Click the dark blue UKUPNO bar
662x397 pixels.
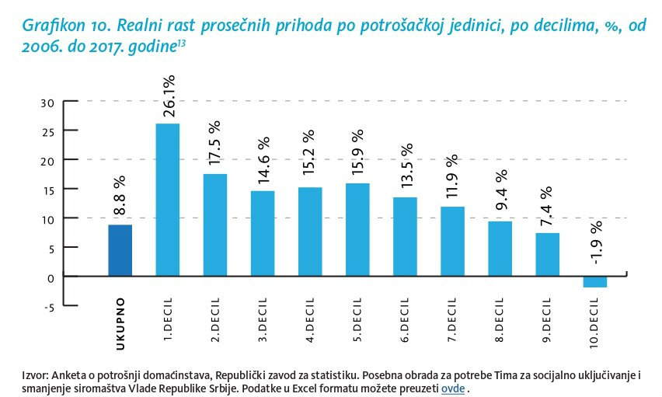(120, 250)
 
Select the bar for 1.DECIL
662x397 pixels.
(167, 200)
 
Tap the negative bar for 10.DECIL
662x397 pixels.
(594, 281)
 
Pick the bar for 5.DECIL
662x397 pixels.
(357, 229)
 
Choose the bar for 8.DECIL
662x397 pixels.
(500, 249)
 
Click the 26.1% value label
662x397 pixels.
(169, 96)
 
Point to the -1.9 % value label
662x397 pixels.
(595, 242)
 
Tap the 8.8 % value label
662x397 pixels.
(120, 197)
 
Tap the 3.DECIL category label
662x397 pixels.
(263, 319)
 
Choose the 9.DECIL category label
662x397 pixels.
(548, 319)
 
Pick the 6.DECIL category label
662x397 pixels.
(406, 319)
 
